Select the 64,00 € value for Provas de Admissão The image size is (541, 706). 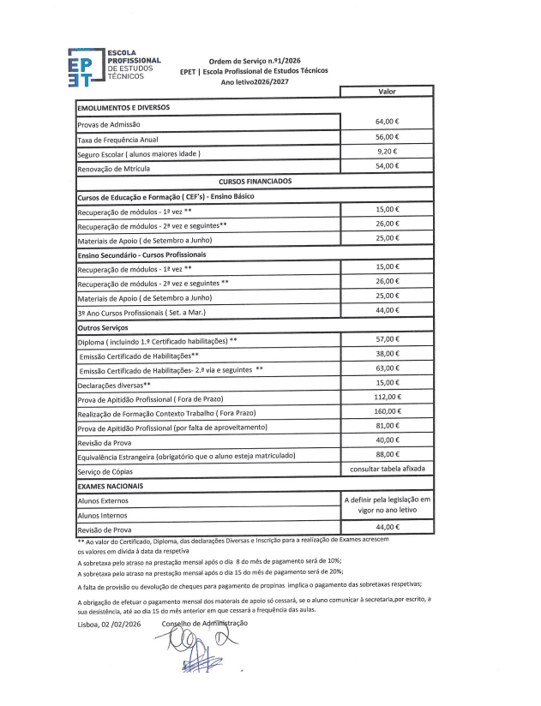[388, 122]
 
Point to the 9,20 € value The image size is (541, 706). [388, 151]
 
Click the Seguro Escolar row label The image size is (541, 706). [139, 154]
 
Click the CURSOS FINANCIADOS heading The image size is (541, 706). [255, 182]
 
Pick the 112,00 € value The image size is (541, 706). [388, 397]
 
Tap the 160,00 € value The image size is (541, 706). [388, 411]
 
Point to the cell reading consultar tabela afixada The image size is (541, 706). [388, 470]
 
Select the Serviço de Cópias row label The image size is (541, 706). [105, 472]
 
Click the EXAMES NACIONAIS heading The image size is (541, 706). [110, 486]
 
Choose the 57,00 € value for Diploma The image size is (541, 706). [388, 339]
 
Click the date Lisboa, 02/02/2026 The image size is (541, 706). [109, 625]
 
